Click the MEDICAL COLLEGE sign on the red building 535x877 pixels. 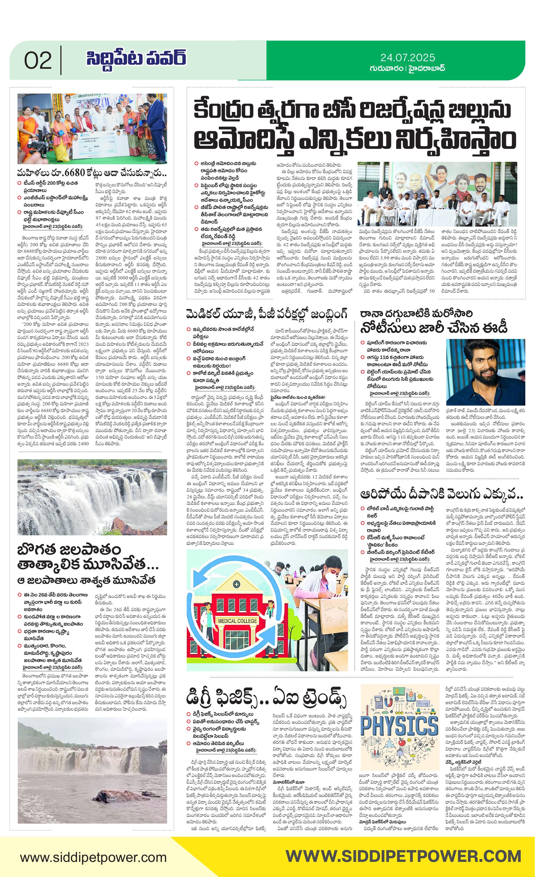point(237,621)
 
